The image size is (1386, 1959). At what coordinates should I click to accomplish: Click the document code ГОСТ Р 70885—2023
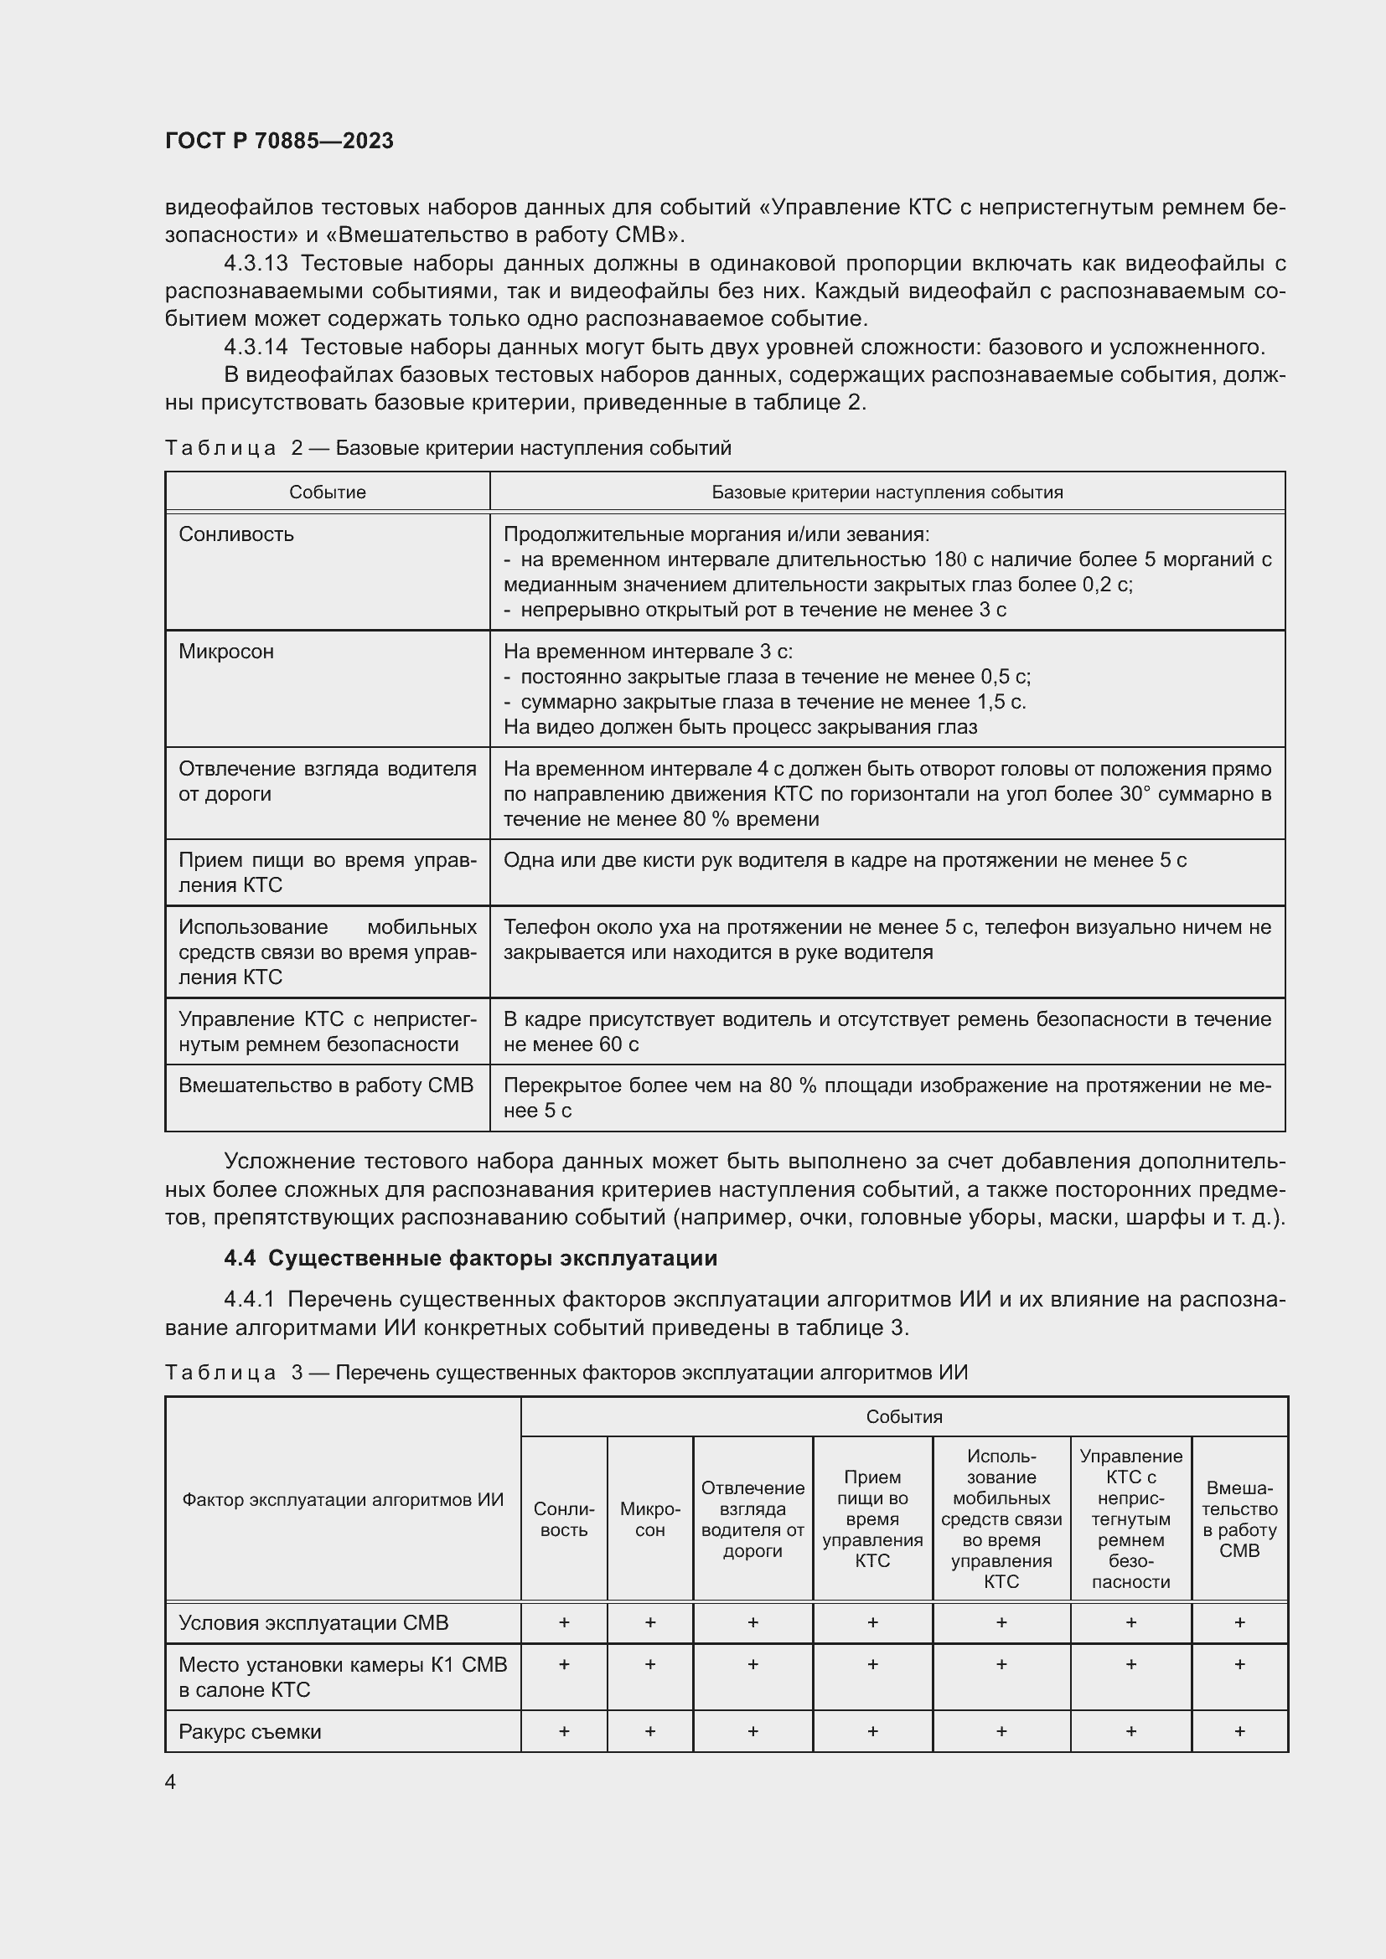tap(279, 141)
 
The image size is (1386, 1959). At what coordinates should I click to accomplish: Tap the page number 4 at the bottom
tap(171, 1781)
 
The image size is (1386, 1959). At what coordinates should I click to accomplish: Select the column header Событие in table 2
tap(327, 492)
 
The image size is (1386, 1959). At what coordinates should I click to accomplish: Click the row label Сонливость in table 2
tap(236, 534)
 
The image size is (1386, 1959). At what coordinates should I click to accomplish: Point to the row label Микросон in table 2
tap(226, 652)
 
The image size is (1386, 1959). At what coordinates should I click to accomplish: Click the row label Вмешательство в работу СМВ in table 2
tap(325, 1085)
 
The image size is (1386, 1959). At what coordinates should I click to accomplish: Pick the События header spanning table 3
tap(904, 1416)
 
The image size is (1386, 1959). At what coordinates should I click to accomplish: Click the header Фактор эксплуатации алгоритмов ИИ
tap(343, 1499)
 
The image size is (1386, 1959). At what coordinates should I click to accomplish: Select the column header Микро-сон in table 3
tap(649, 1518)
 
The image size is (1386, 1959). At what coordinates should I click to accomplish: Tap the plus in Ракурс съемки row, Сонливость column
tap(564, 1731)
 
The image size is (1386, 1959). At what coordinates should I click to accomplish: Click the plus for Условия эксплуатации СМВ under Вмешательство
tap(1239, 1622)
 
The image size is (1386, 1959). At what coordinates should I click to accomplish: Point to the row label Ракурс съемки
tap(250, 1731)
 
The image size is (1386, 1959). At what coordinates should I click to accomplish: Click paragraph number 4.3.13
tap(256, 263)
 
